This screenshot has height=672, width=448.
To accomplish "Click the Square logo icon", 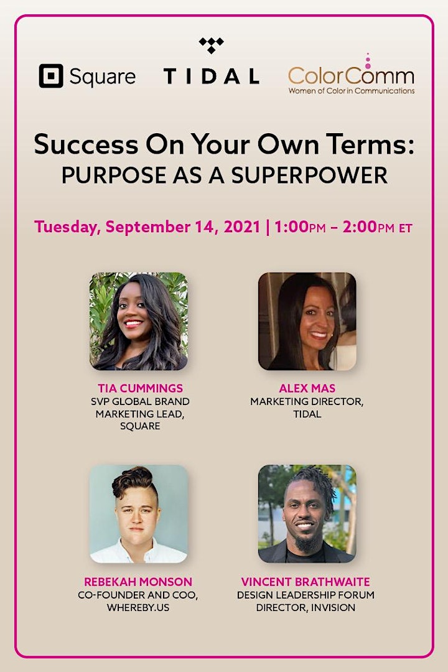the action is point(51,76).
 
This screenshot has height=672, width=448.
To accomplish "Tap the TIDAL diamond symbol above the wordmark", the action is point(212,45).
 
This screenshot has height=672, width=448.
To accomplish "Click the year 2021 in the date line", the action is point(242,226).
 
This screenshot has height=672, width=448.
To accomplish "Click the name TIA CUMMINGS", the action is point(140,388).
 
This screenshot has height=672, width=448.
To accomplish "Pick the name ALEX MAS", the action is point(307,388).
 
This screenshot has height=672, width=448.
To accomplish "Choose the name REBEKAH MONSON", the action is point(138,582).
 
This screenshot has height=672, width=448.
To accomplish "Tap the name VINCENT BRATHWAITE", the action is point(306,582).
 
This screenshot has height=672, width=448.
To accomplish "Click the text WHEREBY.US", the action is point(138,608).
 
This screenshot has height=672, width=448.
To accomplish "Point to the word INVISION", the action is point(333,608).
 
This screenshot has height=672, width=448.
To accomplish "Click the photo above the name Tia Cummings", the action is point(139,322).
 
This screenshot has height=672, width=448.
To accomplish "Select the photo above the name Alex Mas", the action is point(307,322).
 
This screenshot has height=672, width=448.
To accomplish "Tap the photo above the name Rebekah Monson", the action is point(139,514).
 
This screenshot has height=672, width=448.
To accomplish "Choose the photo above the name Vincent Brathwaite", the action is point(307,514).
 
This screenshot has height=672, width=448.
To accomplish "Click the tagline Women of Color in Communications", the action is point(352,91).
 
